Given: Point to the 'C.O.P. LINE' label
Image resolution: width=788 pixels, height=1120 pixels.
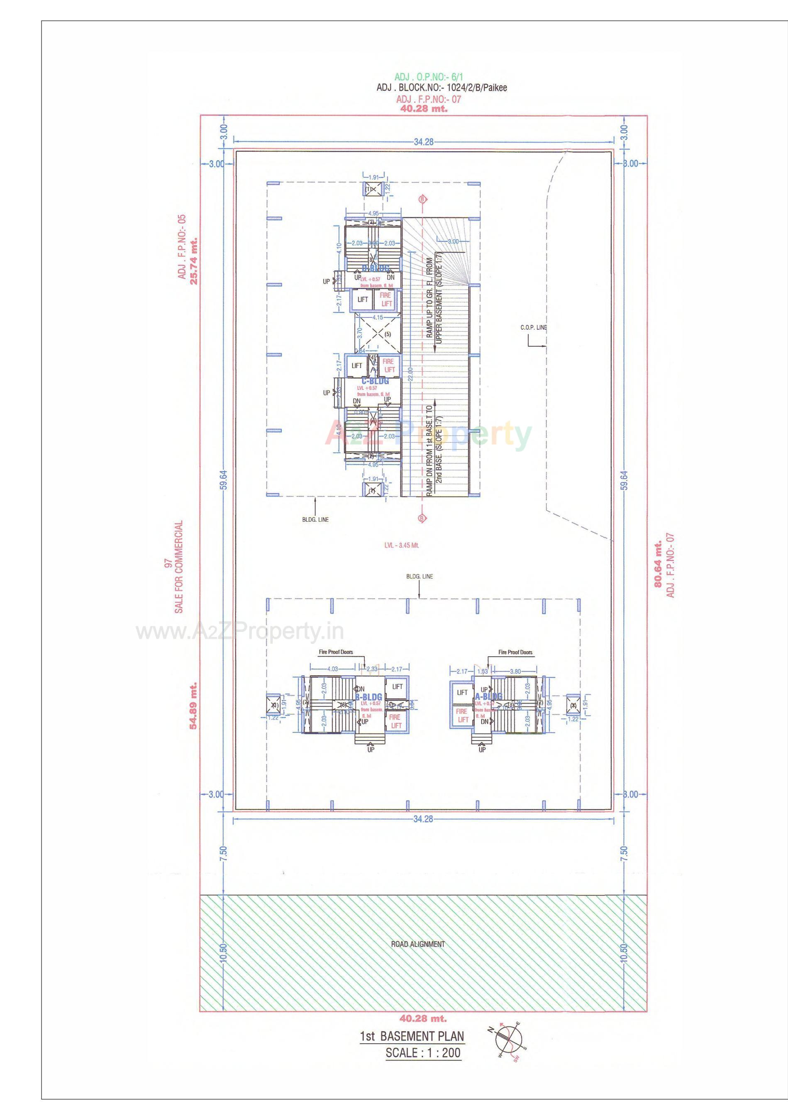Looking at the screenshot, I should pos(533,328).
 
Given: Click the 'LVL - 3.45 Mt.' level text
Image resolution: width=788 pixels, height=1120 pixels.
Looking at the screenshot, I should pos(402,545).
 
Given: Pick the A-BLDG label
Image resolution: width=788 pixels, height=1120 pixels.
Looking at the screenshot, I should pos(488,696).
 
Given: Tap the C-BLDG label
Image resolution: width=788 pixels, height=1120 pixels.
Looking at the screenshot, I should pos(375,380).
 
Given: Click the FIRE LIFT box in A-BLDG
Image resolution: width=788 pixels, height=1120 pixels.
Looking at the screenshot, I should pos(462,716).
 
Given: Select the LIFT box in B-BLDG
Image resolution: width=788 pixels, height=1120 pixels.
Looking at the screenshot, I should pos(397,687).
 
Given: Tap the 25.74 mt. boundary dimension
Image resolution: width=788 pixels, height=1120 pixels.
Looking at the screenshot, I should pos(194,261).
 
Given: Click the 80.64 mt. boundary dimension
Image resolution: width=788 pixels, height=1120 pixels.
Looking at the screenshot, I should pos(659,563).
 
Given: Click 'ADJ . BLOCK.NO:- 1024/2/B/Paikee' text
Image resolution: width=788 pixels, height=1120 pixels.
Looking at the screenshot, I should pos(442,88).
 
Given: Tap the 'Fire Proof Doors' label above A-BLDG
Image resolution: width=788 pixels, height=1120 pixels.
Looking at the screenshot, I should pos(515,652).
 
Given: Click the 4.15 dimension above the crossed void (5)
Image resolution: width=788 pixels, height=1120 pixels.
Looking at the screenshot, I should pos(377,317).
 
